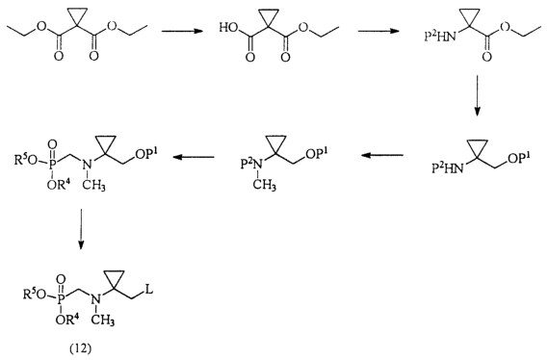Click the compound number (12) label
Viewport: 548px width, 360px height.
80,348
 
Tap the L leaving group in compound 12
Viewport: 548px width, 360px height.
149,290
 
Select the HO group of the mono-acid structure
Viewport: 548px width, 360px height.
227,27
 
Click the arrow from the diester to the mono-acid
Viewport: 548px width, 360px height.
182,31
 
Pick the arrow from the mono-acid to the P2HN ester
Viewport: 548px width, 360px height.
378,31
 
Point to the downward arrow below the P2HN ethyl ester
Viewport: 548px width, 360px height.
477,95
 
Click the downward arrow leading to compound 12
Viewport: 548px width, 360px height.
81,229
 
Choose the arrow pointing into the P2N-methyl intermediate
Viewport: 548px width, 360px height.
382,155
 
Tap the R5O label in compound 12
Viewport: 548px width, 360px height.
35,295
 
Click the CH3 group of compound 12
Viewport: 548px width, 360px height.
103,320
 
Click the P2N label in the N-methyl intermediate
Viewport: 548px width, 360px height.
251,163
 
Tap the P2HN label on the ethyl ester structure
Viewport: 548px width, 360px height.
440,36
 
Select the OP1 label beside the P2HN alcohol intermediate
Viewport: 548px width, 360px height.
519,158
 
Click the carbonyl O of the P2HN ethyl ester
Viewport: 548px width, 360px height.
486,57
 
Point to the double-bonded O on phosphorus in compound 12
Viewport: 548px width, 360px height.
61,279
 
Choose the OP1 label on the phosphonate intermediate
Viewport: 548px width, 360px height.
145,154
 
